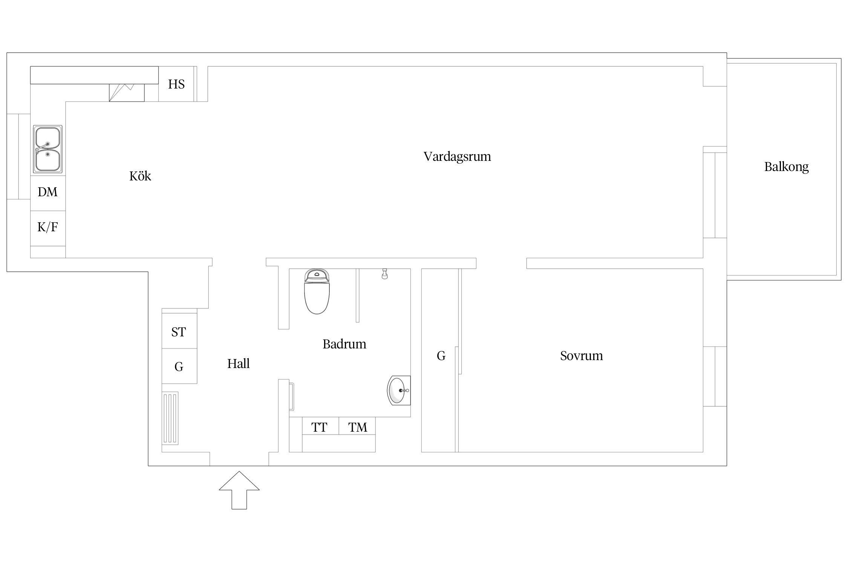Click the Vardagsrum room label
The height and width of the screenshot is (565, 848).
(457, 157)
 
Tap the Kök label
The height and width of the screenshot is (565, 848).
(140, 176)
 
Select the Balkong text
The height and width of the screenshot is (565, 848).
(787, 167)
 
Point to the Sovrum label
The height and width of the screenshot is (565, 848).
(582, 356)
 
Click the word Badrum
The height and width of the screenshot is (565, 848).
(344, 344)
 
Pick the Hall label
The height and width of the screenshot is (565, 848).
(239, 363)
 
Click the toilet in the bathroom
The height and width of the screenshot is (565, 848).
(317, 292)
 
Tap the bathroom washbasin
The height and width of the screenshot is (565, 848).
(399, 390)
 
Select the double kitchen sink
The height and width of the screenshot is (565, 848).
(48, 149)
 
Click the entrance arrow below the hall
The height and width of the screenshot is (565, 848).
(239, 490)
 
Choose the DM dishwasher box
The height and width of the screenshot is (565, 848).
(48, 193)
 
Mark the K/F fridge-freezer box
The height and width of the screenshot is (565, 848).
(48, 228)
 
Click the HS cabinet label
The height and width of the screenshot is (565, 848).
(176, 84)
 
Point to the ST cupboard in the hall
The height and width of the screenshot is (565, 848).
(179, 331)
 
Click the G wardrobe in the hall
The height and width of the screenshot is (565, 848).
(179, 366)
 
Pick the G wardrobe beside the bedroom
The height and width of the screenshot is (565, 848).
(440, 360)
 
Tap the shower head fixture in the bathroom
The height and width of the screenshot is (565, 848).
(384, 273)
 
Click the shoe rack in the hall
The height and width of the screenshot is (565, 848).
(170, 418)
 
